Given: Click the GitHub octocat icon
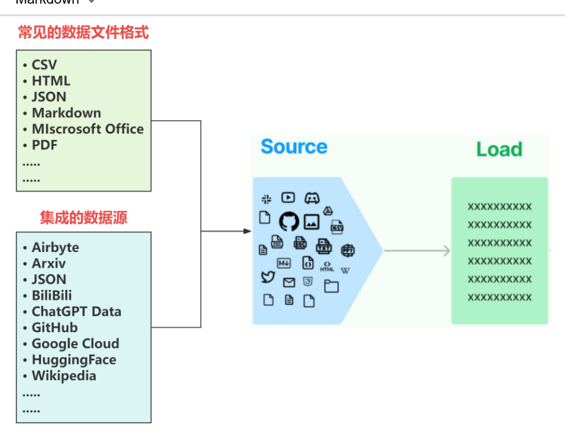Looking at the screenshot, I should click(289, 221).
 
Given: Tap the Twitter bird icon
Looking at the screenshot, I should click(268, 277).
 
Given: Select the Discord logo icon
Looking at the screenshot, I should click(312, 198).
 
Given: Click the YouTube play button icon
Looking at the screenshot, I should click(288, 197).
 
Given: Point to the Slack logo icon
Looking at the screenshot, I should click(266, 198).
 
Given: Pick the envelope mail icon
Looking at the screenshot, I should click(289, 282).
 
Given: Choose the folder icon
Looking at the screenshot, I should click(331, 286).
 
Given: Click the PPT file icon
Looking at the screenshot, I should click(347, 250).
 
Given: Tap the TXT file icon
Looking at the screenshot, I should click(324, 246).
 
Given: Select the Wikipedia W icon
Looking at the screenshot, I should click(345, 270).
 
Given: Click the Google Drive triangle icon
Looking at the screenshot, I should click(327, 210).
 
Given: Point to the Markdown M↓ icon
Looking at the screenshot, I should click(284, 263).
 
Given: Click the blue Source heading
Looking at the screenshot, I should click(294, 147).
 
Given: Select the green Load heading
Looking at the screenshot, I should click(499, 149).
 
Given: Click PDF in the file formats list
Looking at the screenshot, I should click(44, 145).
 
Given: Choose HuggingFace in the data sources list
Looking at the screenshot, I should click(74, 360).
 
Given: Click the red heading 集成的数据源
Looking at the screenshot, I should click(84, 218).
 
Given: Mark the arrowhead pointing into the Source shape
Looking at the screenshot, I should click(247, 231).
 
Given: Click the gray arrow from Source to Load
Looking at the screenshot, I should click(417, 251).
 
